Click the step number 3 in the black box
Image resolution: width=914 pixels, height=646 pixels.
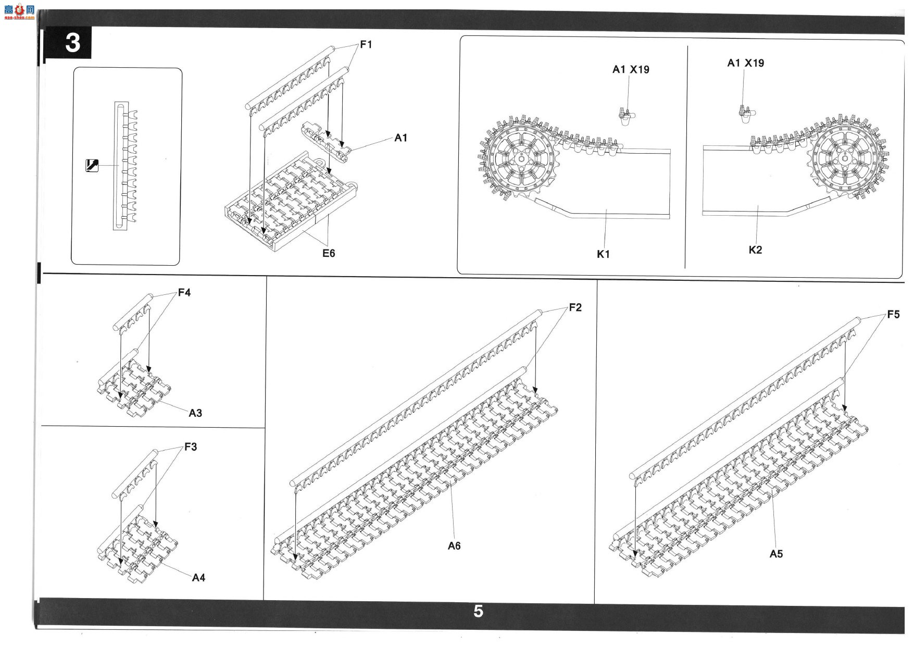(x=72, y=43)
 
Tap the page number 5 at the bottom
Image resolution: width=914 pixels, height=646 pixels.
(x=478, y=611)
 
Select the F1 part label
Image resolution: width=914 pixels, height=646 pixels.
(x=366, y=45)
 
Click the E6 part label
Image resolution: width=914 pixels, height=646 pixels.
(x=329, y=253)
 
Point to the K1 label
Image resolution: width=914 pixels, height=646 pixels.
(x=603, y=254)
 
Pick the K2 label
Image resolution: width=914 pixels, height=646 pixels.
(x=755, y=250)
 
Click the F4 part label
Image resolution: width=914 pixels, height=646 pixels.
(x=184, y=293)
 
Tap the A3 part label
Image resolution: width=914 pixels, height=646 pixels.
(x=195, y=413)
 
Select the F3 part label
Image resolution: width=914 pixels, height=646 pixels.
(x=191, y=447)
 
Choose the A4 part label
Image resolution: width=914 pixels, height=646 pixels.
(x=198, y=578)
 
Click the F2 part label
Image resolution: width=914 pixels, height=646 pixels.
(x=575, y=308)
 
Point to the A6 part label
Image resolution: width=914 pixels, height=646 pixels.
(x=454, y=546)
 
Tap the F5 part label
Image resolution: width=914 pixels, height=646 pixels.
(x=893, y=315)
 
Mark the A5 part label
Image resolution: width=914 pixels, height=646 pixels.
(x=776, y=554)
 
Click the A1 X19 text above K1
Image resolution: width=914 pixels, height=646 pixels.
(x=631, y=69)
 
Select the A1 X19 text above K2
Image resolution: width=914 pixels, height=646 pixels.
(x=746, y=63)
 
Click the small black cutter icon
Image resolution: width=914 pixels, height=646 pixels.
(x=92, y=165)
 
